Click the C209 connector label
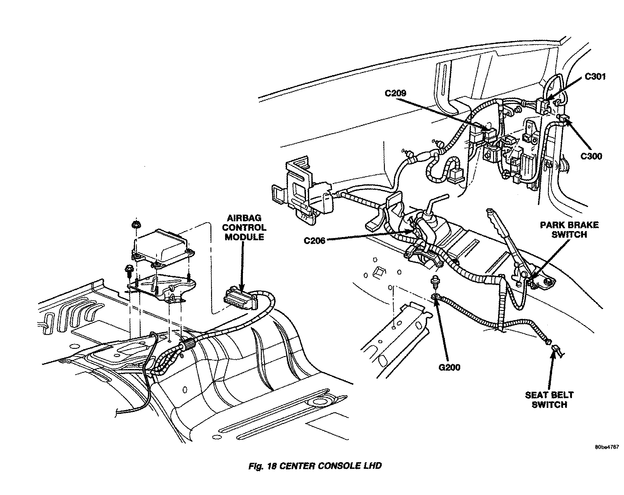396,93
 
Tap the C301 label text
595,77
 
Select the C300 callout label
591,156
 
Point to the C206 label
315,241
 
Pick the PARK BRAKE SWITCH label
569,230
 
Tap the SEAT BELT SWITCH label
549,400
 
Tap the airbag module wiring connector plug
240,297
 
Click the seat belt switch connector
557,350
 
